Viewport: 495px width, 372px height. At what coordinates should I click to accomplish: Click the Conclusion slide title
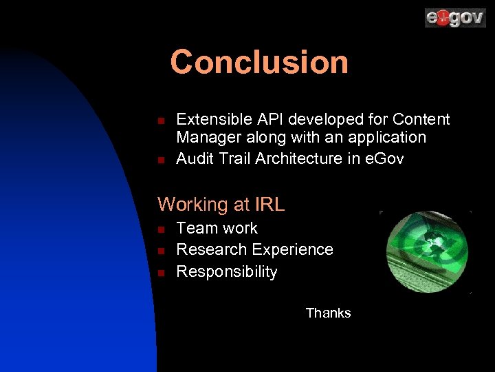[259, 62]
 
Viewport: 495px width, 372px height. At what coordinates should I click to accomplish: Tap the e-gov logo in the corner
[454, 17]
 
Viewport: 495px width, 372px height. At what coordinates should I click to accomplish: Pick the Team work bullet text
[217, 228]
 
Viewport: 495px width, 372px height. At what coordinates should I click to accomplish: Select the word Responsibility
[226, 271]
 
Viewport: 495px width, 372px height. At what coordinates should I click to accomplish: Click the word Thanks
[328, 313]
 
